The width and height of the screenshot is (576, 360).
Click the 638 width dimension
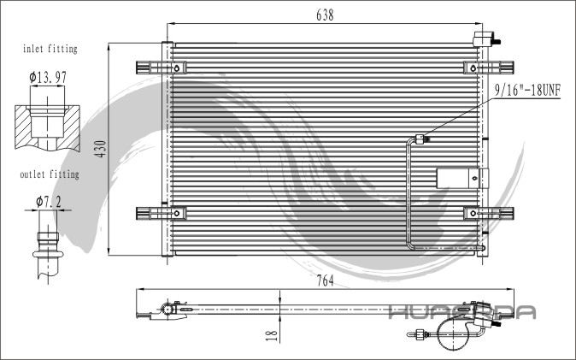(x=325, y=15)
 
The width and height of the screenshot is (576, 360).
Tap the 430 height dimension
(x=100, y=149)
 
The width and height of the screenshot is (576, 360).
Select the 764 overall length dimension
(x=325, y=280)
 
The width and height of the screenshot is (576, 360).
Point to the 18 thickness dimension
(x=271, y=335)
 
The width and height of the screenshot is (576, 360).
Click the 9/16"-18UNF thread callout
(x=527, y=90)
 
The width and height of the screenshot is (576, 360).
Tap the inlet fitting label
(x=50, y=49)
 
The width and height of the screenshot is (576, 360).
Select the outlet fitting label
(x=50, y=174)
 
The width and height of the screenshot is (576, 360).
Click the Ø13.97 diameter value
(x=48, y=77)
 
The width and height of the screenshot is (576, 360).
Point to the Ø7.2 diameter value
(x=49, y=202)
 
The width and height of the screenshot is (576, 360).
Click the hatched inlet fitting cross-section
(x=47, y=127)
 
